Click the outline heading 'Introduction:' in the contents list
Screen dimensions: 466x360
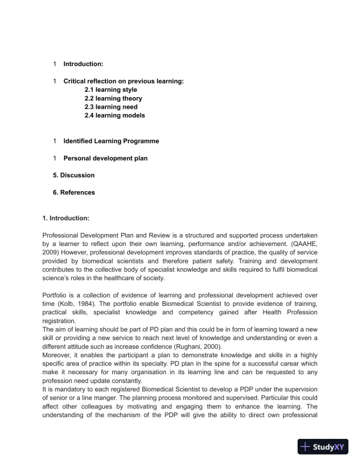coord(83,64)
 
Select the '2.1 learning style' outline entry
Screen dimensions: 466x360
coord(111,90)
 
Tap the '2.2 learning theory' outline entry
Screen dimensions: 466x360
coord(113,99)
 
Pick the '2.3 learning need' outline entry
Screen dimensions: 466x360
coord(111,107)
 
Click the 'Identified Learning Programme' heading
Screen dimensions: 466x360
coord(111,141)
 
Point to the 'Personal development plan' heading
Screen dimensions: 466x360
coord(105,158)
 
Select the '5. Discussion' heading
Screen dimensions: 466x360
coord(74,175)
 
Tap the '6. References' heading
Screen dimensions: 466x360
coord(74,192)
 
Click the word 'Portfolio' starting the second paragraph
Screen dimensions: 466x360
coord(57,294)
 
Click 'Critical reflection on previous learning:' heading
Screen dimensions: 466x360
coord(124,81)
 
